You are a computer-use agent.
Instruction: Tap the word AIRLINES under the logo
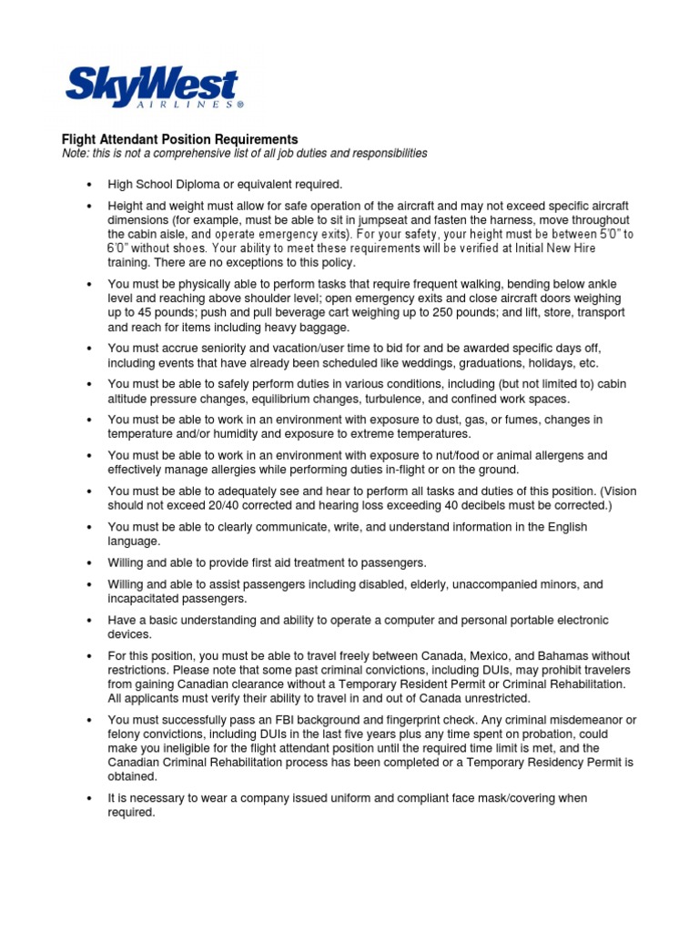coord(193,106)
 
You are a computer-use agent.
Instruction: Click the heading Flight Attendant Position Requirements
coord(179,139)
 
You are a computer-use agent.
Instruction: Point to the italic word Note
coord(74,154)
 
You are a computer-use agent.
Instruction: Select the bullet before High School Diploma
coord(89,185)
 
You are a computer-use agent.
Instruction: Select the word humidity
coord(213,434)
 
